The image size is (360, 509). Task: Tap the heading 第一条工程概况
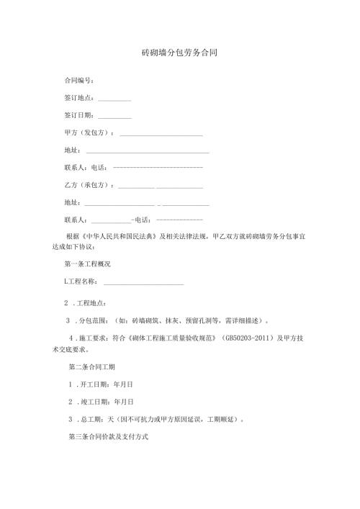[87, 265]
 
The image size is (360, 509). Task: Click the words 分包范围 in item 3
[94, 319]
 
